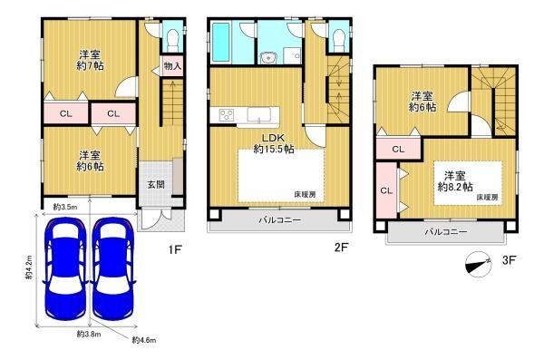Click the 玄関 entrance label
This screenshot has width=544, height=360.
click(x=156, y=184)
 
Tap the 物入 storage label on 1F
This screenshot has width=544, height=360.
click(x=172, y=65)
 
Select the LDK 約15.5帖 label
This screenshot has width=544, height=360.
click(x=274, y=143)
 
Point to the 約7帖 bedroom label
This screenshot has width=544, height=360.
click(x=90, y=60)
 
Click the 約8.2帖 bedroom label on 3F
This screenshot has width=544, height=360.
click(x=455, y=181)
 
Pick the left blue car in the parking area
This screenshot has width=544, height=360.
click(x=66, y=268)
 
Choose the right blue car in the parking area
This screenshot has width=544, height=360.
click(x=112, y=268)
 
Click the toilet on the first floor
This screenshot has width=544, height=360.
click(x=172, y=38)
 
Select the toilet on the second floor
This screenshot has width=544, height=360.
click(x=338, y=38)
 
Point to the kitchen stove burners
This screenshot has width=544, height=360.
click(x=227, y=115)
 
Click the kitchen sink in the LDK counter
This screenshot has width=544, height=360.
click(x=258, y=115)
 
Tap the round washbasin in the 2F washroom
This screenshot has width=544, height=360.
click(x=267, y=58)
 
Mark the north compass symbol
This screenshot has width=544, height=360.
click(x=479, y=264)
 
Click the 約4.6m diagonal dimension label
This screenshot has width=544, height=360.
click(x=144, y=340)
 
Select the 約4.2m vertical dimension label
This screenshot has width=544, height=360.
click(x=29, y=268)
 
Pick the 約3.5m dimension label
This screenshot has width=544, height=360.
click(x=65, y=208)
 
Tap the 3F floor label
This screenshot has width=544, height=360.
click(x=510, y=260)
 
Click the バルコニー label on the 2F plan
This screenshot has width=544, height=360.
click(x=280, y=219)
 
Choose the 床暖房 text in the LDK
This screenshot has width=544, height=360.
click(x=305, y=195)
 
